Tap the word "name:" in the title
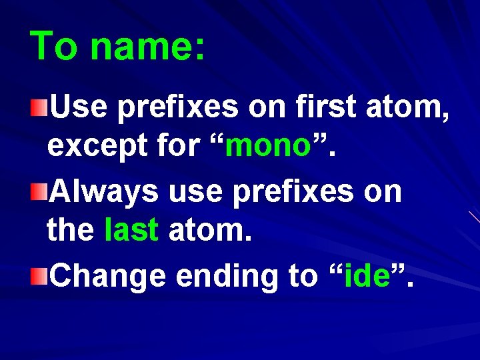148,47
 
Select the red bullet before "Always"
40,192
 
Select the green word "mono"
268,146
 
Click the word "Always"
105,193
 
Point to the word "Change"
108,275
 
